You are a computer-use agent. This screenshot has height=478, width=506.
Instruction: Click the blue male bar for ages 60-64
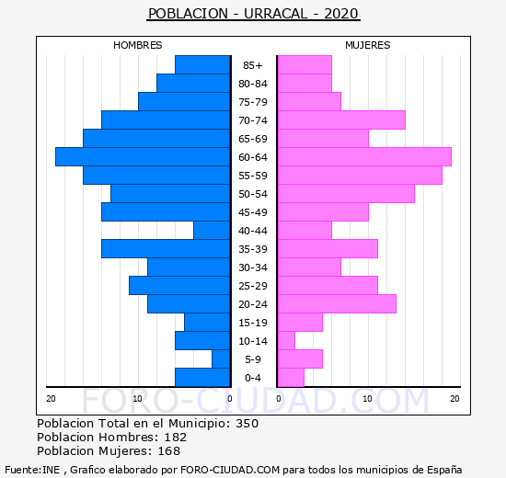pos(143,157)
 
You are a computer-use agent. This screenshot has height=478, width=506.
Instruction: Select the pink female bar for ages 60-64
pos(364,157)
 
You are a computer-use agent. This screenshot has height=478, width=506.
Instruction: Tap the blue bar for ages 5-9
pos(221,359)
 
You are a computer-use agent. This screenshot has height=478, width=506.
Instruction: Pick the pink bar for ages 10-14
pos(286,341)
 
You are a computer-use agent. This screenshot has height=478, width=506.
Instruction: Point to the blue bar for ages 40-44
pos(212,231)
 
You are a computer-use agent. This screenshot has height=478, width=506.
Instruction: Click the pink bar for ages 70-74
pos(341,120)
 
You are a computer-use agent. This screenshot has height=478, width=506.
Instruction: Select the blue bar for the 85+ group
pos(202,65)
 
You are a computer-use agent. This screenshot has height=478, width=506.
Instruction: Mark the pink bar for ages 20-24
pos(338,304)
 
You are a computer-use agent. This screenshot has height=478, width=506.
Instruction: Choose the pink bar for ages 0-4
pos(291,378)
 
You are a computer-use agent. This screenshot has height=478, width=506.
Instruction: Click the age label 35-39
pos(253,249)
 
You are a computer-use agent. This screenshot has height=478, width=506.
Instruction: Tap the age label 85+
pos(253,65)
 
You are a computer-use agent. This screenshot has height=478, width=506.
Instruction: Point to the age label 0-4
pos(253,378)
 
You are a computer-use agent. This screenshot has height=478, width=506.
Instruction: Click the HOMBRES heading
pos(138,45)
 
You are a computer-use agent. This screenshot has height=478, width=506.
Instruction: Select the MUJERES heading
pos(368,45)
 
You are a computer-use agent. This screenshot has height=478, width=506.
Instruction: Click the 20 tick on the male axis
pos(51,399)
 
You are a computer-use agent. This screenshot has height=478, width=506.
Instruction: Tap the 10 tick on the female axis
pos(368,399)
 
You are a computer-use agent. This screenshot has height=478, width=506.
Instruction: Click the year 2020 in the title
pos(341,14)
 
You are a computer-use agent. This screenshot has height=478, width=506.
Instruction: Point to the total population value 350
pos(247,423)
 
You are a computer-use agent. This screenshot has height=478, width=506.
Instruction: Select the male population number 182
pos(176,437)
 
